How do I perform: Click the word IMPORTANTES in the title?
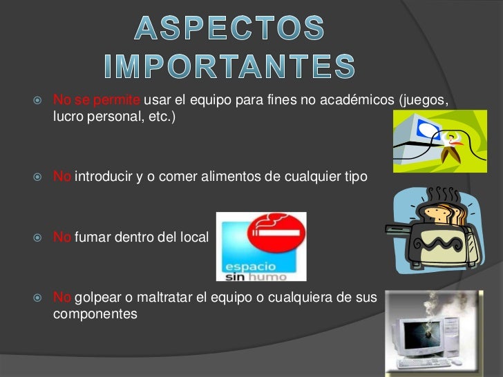229,66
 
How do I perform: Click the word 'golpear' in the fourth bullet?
95,298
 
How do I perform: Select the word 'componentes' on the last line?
95,313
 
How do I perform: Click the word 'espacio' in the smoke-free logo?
249,266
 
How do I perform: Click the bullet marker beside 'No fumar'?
39,238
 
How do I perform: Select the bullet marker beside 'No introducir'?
39,177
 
